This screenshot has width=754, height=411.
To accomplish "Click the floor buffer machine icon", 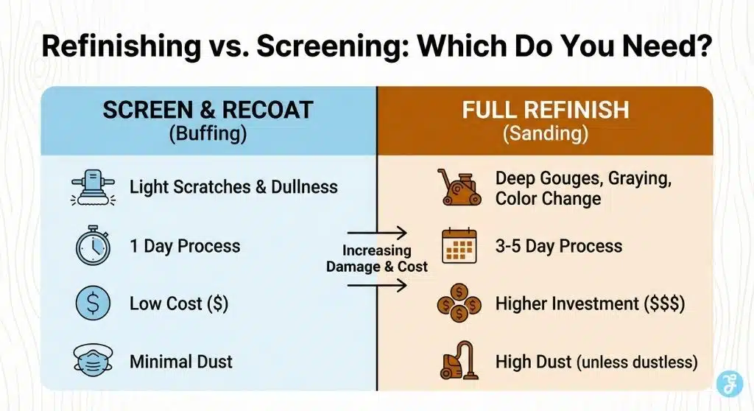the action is click(x=93, y=187).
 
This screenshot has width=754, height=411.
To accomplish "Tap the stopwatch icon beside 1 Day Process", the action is click(x=93, y=245).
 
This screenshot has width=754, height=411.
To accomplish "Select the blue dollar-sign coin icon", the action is click(x=93, y=303).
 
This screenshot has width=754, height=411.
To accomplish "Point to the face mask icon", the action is click(x=93, y=360).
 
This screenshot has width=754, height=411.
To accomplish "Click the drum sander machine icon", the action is click(x=458, y=187).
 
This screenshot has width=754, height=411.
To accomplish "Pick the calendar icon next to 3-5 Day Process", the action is click(x=459, y=245).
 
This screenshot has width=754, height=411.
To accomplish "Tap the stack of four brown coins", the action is click(x=459, y=303).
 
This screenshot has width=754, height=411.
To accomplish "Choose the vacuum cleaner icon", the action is click(x=459, y=360).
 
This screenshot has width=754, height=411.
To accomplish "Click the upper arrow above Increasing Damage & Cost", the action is click(x=377, y=233).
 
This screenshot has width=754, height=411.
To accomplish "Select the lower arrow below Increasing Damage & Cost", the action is click(x=377, y=285).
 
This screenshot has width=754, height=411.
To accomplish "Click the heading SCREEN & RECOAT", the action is click(x=208, y=110).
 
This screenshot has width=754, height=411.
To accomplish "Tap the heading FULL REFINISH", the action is click(x=546, y=110).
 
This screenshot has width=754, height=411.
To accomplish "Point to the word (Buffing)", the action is click(x=208, y=133).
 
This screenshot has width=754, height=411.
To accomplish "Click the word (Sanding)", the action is click(x=546, y=133).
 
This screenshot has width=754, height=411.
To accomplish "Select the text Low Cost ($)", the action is click(x=179, y=303).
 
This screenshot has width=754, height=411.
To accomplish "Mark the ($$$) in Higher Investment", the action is click(x=663, y=303).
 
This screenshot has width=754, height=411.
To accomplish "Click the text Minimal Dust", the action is click(x=181, y=362).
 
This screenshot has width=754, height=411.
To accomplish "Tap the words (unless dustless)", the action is click(x=637, y=362).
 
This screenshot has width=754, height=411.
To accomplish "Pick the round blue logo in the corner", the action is click(x=730, y=384).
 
